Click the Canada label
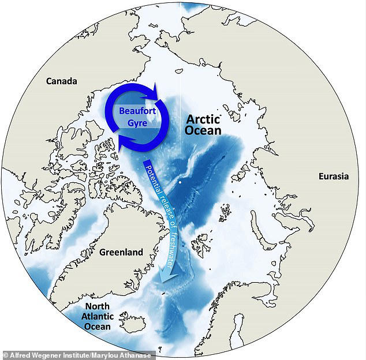point(62,81)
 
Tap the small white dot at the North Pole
point(181,182)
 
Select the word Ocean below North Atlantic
point(96,327)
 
